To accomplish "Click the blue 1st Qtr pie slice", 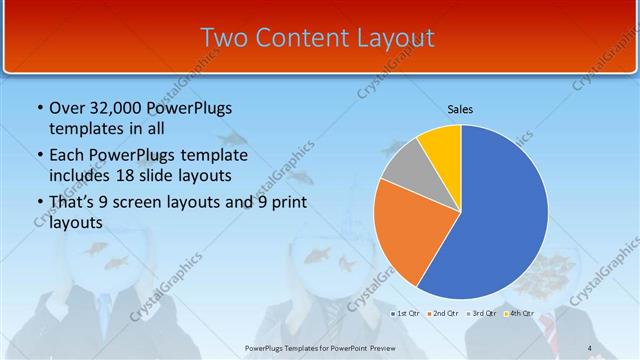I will tap(495, 215).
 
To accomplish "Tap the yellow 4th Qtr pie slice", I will tap(441, 145).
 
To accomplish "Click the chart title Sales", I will tap(460, 109).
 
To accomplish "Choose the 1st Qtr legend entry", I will tap(405, 313).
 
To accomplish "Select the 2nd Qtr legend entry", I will tap(443, 313).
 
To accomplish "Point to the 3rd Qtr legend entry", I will tap(482, 313).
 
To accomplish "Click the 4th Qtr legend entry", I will tap(520, 313).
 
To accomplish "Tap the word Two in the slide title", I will tap(223, 38).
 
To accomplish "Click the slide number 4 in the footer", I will tap(590, 348).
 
